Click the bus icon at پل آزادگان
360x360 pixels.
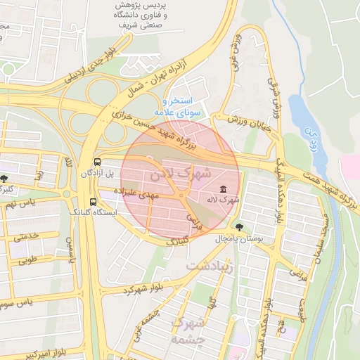pos(97,160)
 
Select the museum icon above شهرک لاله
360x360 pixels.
pos(223,189)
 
